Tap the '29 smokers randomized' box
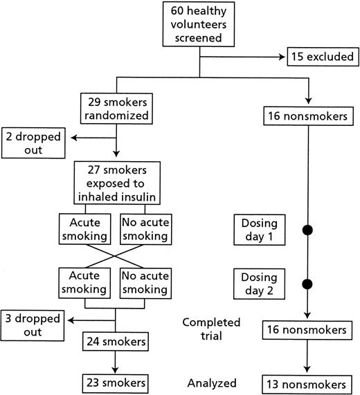[116, 107]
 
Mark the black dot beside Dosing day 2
[306, 284]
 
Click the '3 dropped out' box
[32, 326]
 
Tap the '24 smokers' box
[116, 341]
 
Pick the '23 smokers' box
[116, 383]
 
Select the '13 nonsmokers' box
[306, 383]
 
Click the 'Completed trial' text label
[211, 329]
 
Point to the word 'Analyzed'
[211, 383]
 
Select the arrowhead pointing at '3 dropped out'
[68, 320]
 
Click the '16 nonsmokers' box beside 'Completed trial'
[306, 330]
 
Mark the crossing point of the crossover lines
[116, 257]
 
